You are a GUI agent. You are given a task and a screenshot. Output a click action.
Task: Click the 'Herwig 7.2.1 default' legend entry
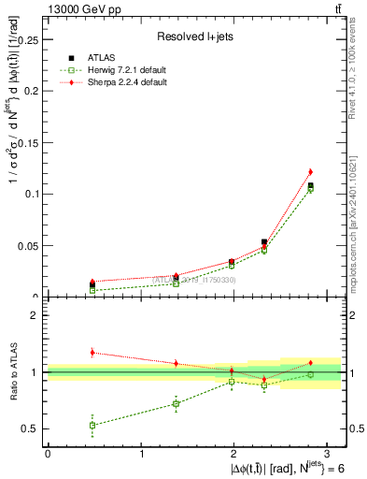coord(127,71)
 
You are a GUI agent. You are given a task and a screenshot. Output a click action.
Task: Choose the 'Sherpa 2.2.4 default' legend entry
coord(127,83)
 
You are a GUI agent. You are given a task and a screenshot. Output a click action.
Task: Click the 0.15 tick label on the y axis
coord(28,142)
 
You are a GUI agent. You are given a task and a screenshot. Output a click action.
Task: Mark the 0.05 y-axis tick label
coord(28,245)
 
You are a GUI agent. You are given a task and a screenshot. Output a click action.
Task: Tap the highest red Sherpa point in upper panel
coord(310,172)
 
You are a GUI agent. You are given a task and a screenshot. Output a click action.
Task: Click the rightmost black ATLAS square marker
coord(310,185)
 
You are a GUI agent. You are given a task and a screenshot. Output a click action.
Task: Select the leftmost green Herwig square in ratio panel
coord(92,425)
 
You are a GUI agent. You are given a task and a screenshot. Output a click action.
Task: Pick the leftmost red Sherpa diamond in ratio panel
coord(92,353)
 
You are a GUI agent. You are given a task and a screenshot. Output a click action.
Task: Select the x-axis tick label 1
coord(141,453)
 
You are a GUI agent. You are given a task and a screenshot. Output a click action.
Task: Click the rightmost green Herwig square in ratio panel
coord(310,374)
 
